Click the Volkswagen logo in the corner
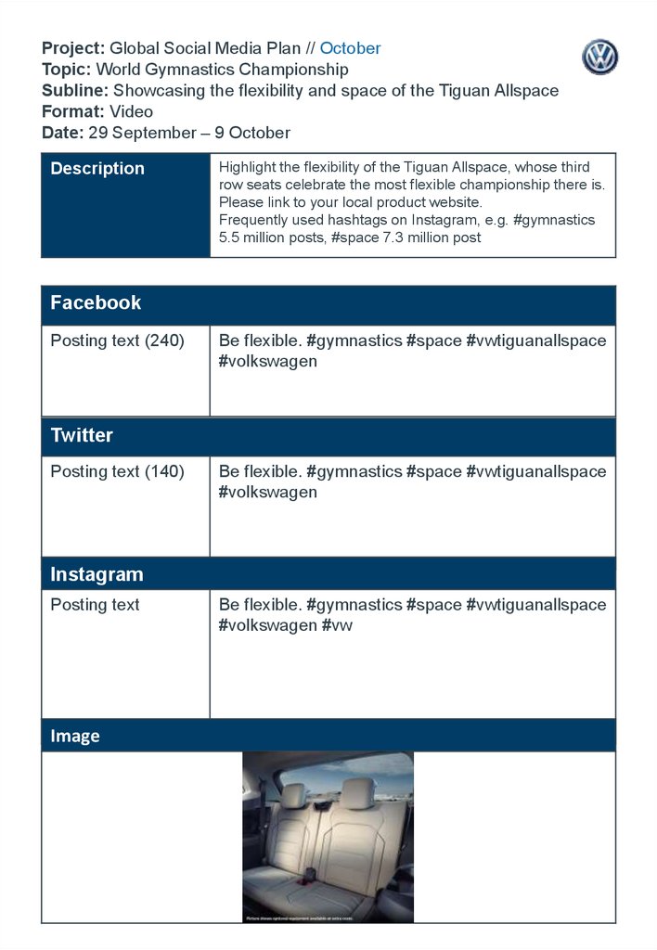coord(599,57)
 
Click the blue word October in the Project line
coord(350,48)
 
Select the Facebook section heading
coord(96,303)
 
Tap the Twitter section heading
coord(82,436)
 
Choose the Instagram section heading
coord(97,574)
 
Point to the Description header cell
coord(97,169)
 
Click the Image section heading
coord(75,737)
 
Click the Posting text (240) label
coord(117,340)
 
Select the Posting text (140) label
coord(117,471)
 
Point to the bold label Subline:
coord(75,90)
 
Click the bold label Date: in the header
coord(62,133)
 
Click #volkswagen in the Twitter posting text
coord(267,493)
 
